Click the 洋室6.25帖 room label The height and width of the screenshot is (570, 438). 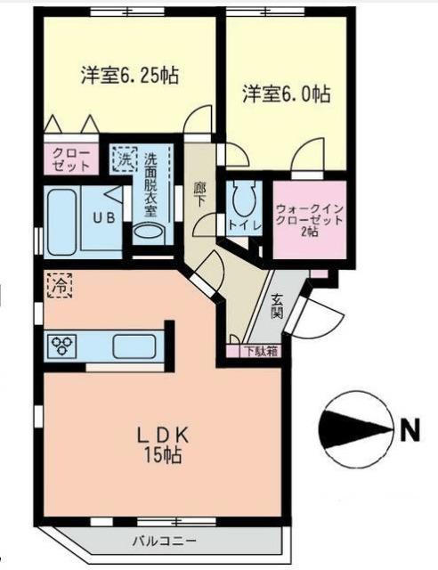click(x=130, y=75)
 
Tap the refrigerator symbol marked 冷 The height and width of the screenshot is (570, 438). click(x=59, y=287)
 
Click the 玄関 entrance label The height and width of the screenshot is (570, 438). click(x=276, y=307)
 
